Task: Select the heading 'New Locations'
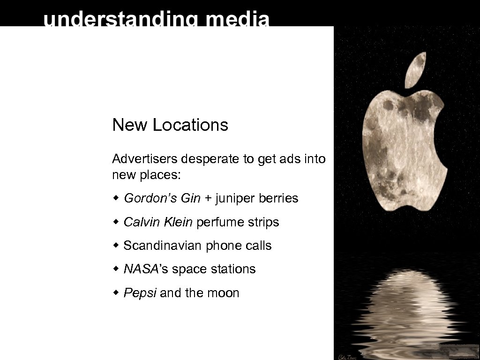click(170, 125)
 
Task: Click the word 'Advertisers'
click(145, 159)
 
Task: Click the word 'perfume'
click(218, 222)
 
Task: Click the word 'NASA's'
click(142, 269)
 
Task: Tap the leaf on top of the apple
click(415, 70)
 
